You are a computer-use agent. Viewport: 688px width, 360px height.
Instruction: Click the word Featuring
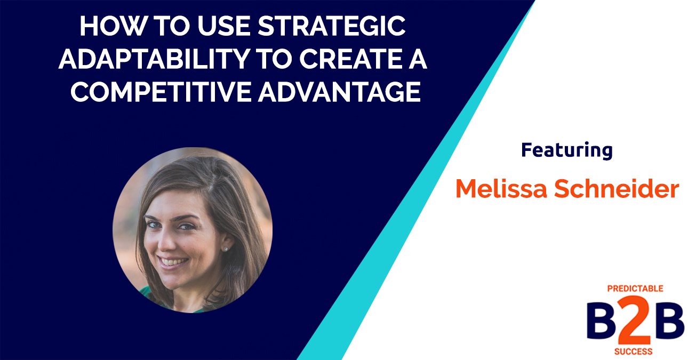point(566,150)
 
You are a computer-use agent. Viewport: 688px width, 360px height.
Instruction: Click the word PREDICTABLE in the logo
point(635,289)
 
